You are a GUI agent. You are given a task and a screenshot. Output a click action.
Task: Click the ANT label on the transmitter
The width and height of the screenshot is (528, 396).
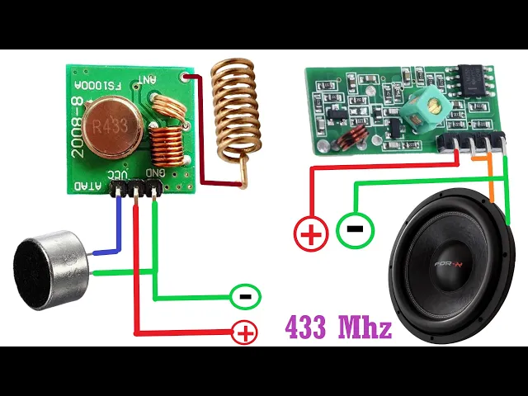[x=147, y=80]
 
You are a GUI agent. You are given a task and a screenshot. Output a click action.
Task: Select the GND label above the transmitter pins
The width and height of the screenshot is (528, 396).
[x=157, y=172]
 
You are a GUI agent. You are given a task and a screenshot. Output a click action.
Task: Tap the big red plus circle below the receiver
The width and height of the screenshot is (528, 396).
[x=311, y=234]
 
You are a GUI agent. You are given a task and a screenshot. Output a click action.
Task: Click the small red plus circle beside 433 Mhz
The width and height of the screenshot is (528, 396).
[x=244, y=333]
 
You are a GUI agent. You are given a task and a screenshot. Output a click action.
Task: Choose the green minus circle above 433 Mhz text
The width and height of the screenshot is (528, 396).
[x=245, y=295]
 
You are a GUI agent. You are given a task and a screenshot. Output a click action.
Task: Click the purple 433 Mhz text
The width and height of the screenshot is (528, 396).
[x=338, y=328]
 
